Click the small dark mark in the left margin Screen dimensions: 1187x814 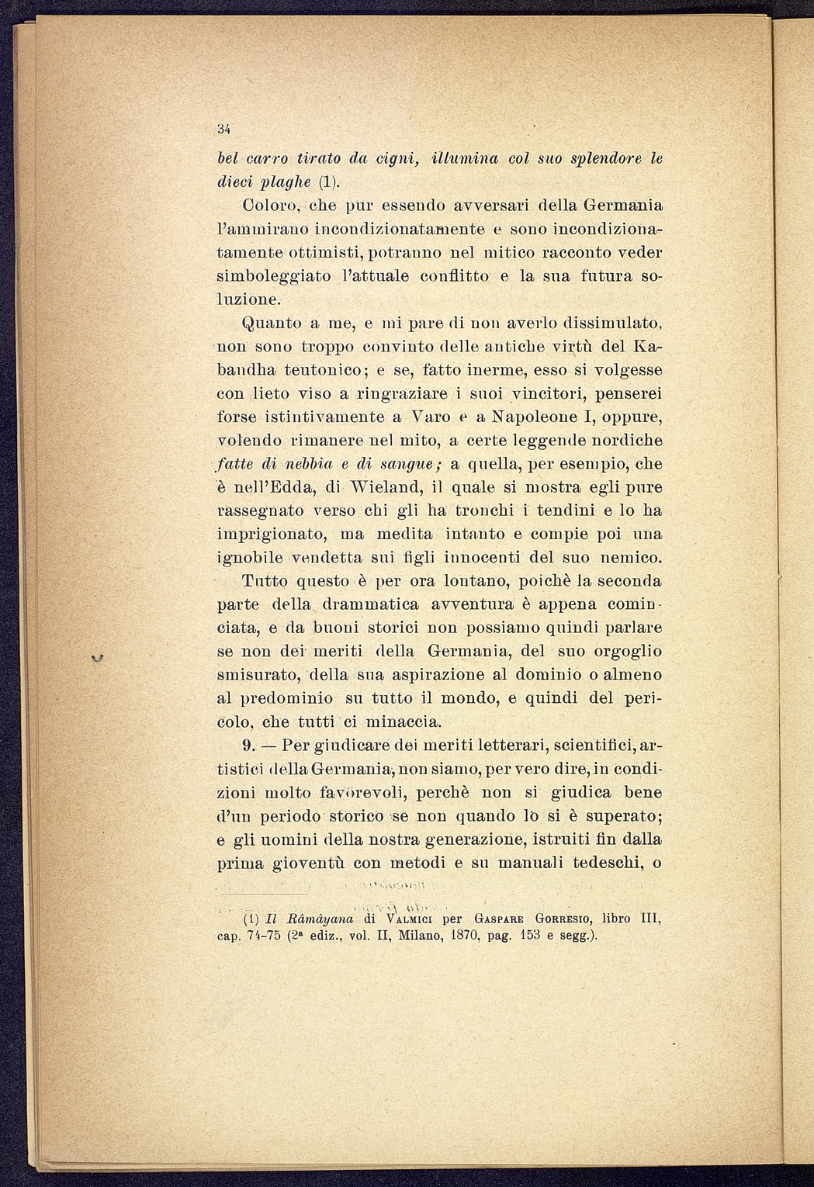(97, 659)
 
